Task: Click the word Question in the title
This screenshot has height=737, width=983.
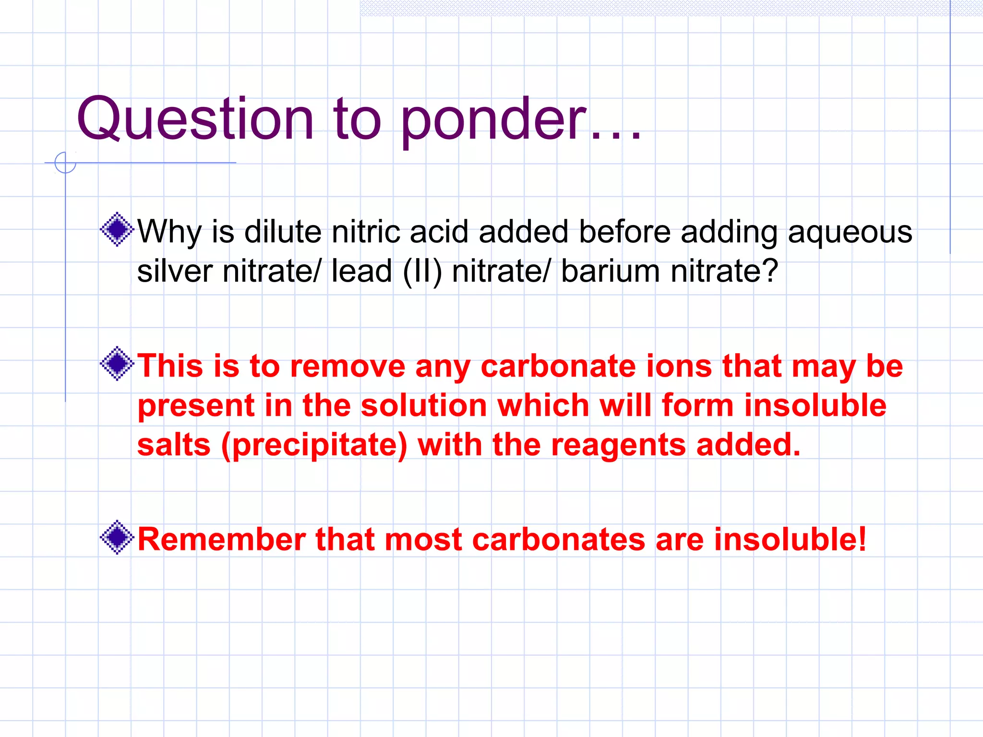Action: pyautogui.click(x=194, y=119)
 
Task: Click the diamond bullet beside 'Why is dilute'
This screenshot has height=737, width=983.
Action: pyautogui.click(x=117, y=229)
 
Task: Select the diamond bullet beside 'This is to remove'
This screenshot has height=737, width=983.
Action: pyautogui.click(x=117, y=364)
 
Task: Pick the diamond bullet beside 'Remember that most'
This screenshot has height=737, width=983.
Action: pyautogui.click(x=117, y=537)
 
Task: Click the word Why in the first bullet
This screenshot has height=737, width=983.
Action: pyautogui.click(x=169, y=232)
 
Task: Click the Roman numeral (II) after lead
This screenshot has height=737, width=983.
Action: pyautogui.click(x=422, y=272)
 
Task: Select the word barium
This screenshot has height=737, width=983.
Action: pyautogui.click(x=610, y=271)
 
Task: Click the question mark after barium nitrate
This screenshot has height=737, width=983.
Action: pyautogui.click(x=770, y=271)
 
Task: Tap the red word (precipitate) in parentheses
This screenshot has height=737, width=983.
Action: pyautogui.click(x=314, y=445)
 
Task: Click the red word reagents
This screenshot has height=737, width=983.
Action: pyautogui.click(x=619, y=445)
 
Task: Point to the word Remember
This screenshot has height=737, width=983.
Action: pyautogui.click(x=221, y=539)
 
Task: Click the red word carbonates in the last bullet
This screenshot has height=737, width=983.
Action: pyautogui.click(x=558, y=539)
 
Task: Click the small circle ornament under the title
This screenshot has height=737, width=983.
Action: pyautogui.click(x=65, y=162)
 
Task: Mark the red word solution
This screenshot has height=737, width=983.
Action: pyautogui.click(x=424, y=406)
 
